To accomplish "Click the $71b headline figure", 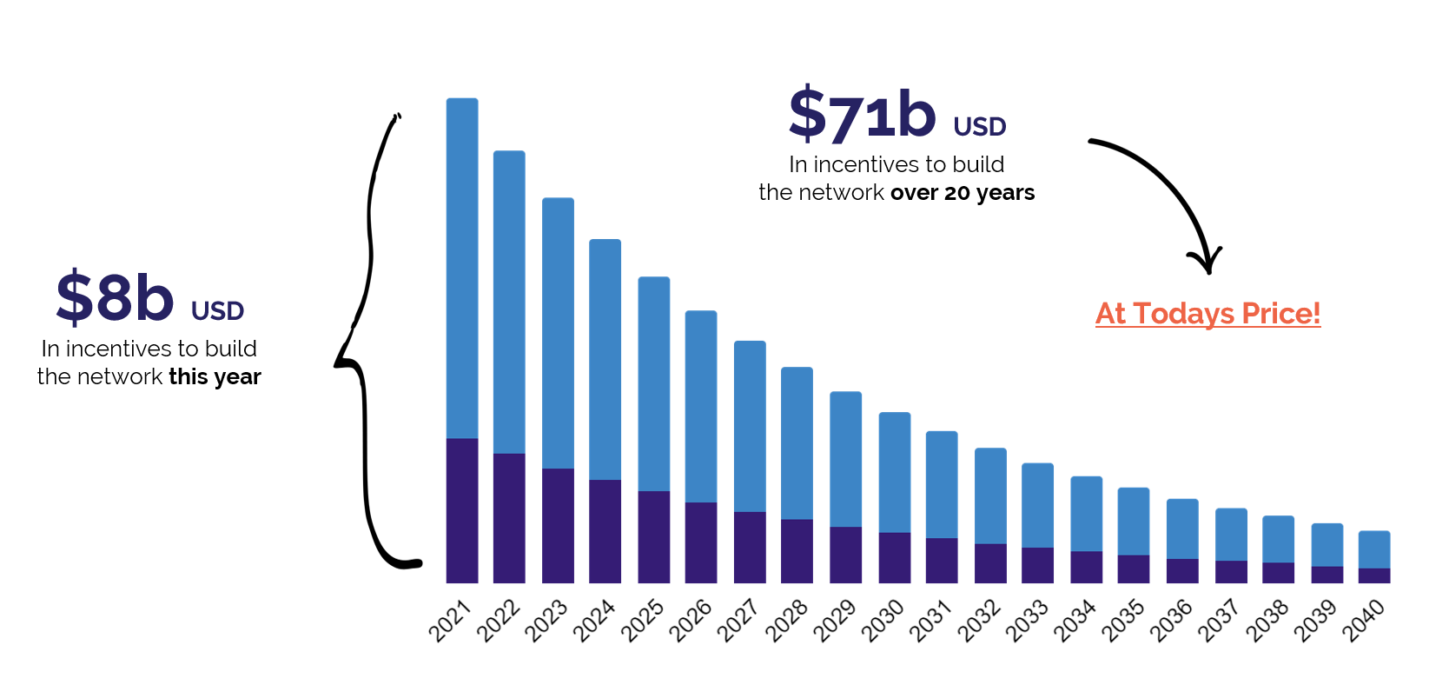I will click(862, 116).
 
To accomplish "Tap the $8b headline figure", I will click(115, 298).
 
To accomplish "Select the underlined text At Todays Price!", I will click(1207, 313).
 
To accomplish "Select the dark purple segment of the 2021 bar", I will click(462, 510).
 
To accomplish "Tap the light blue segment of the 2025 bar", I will click(654, 383).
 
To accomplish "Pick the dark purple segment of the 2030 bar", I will click(895, 557).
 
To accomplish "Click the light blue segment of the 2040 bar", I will click(1374, 549).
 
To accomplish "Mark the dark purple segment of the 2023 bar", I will click(558, 525).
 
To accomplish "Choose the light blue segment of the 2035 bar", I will click(1134, 521).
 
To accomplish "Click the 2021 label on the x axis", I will click(450, 622).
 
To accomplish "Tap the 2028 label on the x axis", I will click(786, 622).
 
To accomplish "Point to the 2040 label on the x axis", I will click(1363, 622).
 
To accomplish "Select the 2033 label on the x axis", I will click(1027, 622).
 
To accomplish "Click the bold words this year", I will click(215, 376).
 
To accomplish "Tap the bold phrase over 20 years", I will click(963, 193).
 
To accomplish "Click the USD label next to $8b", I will click(217, 311).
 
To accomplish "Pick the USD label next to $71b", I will click(979, 128).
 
